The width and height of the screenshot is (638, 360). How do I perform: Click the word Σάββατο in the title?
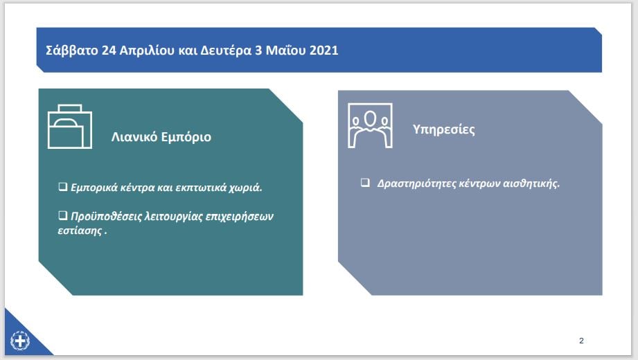(x=72, y=50)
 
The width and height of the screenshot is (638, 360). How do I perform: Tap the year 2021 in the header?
(x=324, y=50)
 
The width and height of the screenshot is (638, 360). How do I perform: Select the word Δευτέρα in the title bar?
(x=226, y=51)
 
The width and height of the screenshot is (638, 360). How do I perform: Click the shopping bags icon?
(x=70, y=126)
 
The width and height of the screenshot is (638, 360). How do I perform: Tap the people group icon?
(x=370, y=125)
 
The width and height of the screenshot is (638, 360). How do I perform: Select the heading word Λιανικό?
(x=134, y=136)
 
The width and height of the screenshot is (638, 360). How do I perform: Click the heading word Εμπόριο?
(x=186, y=138)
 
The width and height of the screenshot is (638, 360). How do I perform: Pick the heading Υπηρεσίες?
(x=443, y=129)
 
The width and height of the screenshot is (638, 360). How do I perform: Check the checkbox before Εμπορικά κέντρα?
(x=62, y=187)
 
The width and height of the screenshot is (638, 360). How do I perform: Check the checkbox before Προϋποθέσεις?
(x=62, y=215)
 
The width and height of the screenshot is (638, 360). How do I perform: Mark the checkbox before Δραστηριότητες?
(x=365, y=182)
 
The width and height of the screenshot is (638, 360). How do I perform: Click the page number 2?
(x=581, y=341)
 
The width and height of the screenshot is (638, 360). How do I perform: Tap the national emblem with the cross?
(x=20, y=341)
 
